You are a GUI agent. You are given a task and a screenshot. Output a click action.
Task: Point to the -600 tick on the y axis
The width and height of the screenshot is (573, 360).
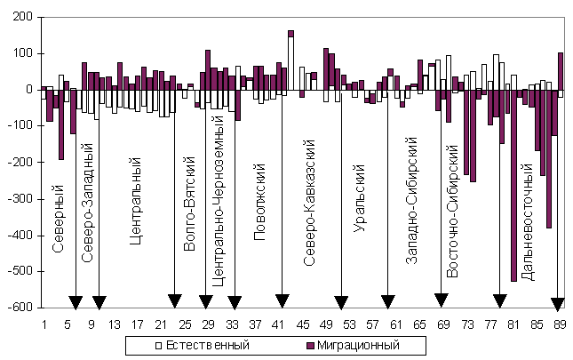(19, 308)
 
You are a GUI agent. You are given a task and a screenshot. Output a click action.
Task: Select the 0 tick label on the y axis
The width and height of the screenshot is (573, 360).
(28, 90)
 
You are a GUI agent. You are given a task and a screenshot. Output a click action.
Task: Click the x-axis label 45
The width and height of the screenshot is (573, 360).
(303, 326)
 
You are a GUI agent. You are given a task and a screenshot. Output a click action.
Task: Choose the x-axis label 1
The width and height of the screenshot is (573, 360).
(44, 326)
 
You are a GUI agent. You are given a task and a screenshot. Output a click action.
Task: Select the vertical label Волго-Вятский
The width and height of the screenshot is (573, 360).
(189, 204)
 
